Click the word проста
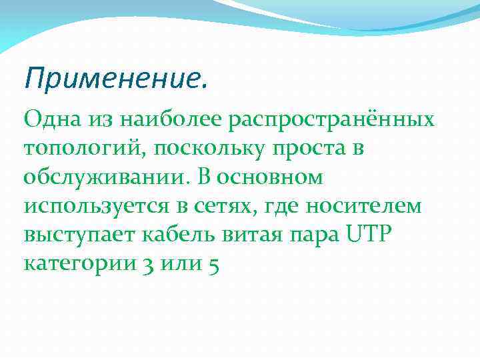pyautogui.click(x=309, y=149)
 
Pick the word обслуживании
pyautogui.click(x=101, y=177)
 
